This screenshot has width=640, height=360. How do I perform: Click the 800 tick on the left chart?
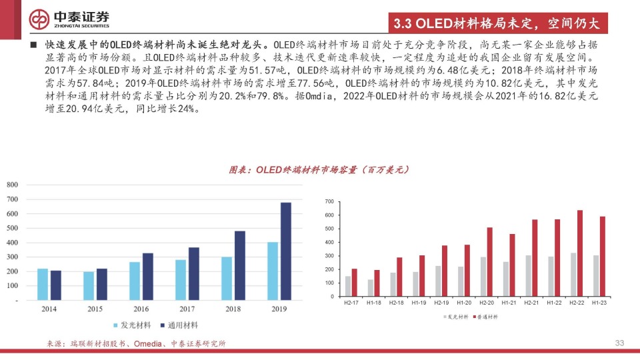coord(13,184)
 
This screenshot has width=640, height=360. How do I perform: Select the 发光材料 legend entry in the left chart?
coord(130,325)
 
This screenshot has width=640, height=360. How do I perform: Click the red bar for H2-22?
coord(579,253)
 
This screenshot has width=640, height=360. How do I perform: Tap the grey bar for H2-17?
coord(347,286)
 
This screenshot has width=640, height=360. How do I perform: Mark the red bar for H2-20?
coord(489,262)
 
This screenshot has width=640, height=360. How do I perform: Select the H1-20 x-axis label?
coord(464,304)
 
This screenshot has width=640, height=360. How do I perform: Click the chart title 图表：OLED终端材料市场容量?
coord(319,170)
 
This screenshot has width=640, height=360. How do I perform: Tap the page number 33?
coord(619,343)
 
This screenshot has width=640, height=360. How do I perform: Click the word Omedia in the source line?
coord(149,343)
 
